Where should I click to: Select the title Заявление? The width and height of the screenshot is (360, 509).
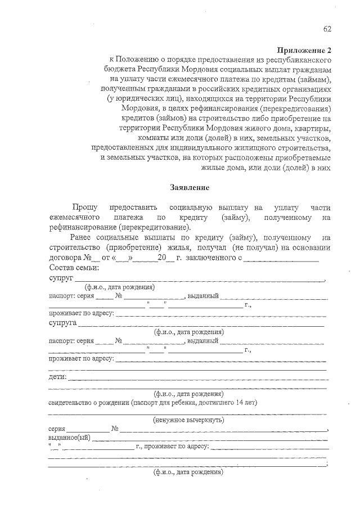(x=190, y=187)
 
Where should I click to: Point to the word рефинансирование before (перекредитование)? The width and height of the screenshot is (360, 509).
(x=83, y=228)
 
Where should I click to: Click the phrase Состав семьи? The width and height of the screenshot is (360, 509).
(x=74, y=267)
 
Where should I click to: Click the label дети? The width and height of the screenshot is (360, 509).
(x=58, y=376)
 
